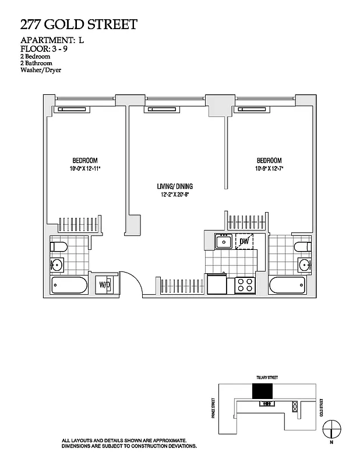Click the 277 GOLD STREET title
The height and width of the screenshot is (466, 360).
pyautogui.click(x=79, y=24)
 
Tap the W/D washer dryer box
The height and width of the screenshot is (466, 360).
pyautogui.click(x=105, y=285)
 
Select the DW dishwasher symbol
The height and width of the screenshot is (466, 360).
pyautogui.click(x=244, y=241)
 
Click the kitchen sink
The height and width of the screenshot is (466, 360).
pyautogui.click(x=223, y=241)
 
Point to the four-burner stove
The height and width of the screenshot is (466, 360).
pyautogui.click(x=245, y=285)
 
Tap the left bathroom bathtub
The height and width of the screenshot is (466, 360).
pyautogui.click(x=69, y=286)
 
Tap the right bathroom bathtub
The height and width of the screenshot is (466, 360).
pyautogui.click(x=287, y=286)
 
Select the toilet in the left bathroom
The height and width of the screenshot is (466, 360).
pyautogui.click(x=57, y=246)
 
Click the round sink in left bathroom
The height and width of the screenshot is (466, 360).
pyautogui.click(x=57, y=266)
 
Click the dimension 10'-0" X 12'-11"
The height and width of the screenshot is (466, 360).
pyautogui.click(x=84, y=168)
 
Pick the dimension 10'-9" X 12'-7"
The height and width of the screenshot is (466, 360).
pyautogui.click(x=269, y=168)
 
